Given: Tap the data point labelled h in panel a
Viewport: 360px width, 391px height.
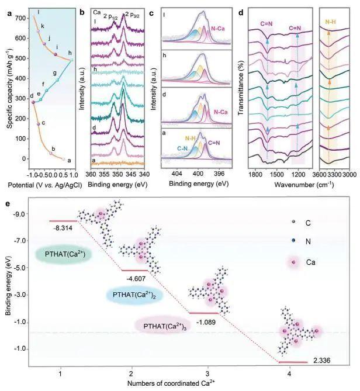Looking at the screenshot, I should click(x=71, y=60).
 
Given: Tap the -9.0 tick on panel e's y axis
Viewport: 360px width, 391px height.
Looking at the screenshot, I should click(x=27, y=214).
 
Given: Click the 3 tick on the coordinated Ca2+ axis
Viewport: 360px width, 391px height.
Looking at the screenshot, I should click(x=207, y=372).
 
